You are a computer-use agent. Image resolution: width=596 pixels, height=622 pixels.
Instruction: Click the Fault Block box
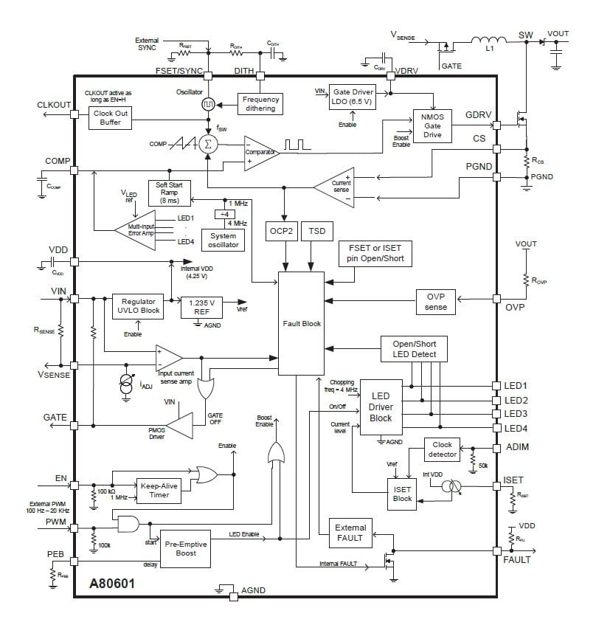(x=302, y=323)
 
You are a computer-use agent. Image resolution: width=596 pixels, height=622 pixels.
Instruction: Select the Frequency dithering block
(x=260, y=103)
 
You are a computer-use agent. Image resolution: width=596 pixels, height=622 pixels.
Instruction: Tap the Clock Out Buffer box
(x=110, y=117)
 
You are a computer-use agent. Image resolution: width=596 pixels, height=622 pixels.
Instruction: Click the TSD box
(x=316, y=231)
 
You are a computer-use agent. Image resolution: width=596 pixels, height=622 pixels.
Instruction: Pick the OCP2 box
(x=281, y=231)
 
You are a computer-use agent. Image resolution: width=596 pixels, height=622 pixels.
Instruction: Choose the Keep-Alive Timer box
(x=159, y=490)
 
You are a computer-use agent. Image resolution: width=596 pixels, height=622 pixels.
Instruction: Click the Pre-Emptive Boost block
(x=186, y=548)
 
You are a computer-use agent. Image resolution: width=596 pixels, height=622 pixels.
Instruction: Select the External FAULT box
(x=350, y=533)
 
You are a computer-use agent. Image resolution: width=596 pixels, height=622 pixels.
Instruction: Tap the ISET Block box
(x=403, y=493)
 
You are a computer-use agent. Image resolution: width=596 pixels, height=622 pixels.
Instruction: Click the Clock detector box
(x=443, y=449)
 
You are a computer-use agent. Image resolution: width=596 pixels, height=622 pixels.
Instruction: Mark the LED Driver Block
(x=381, y=407)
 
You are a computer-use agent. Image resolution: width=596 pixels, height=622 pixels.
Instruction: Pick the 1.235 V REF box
(x=201, y=307)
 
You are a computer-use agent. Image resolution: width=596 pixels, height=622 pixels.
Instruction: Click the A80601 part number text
(x=112, y=582)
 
